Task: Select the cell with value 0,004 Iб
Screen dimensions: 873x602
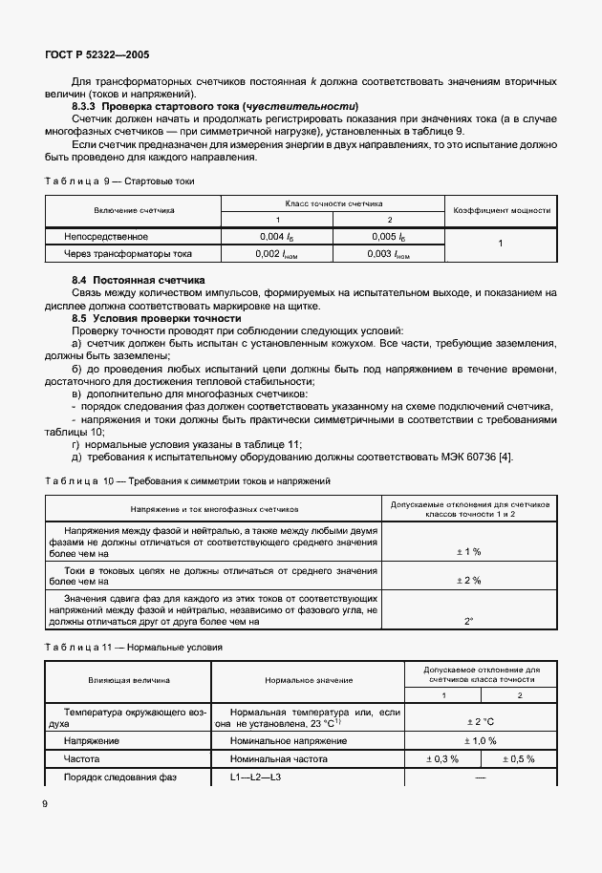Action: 278,236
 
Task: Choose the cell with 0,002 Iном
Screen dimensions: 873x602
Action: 278,254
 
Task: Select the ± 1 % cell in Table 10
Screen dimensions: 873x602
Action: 471,552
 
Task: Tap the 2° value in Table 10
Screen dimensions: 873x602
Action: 470,622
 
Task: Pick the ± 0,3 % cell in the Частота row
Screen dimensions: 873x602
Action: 441,758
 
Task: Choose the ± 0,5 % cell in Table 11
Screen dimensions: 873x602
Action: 517,758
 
